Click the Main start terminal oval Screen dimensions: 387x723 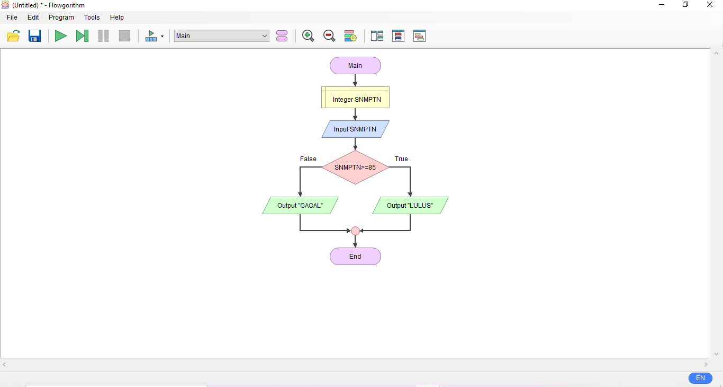pos(355,66)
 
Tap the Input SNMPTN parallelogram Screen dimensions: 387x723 pos(355,129)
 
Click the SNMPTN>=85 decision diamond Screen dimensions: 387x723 pos(355,168)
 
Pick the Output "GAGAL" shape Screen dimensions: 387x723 pos(300,206)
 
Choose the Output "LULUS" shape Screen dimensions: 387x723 pos(410,206)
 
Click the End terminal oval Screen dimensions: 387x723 pos(355,257)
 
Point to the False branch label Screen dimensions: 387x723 pos(308,159)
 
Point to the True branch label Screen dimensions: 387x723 pos(401,159)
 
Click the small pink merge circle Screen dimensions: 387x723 pos(355,231)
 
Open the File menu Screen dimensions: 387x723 pos(12,17)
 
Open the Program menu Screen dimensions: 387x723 pos(61,17)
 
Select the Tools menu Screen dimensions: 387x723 pos(92,17)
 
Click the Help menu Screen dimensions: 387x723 pos(117,17)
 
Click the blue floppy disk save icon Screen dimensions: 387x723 pos(35,36)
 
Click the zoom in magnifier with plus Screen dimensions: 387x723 pos(308,36)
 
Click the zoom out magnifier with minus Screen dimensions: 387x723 pos(329,36)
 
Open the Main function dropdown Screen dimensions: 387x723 pos(221,36)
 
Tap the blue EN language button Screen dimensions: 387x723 pos(700,378)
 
